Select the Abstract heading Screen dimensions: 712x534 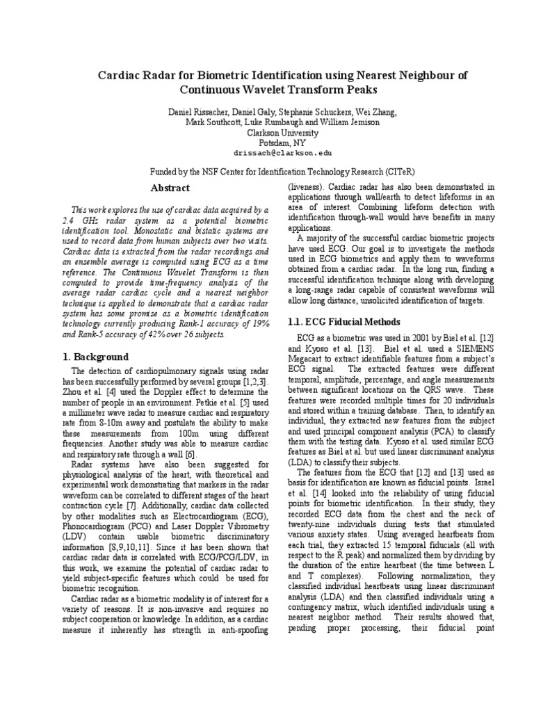[170, 188]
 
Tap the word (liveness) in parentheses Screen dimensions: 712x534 [307, 188]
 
